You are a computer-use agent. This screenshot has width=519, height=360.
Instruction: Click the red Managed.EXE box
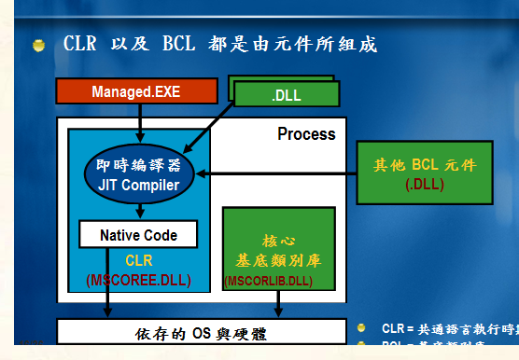[136, 91]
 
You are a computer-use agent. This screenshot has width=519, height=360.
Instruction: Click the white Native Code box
[138, 235]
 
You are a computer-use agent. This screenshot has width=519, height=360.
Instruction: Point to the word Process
[306, 134]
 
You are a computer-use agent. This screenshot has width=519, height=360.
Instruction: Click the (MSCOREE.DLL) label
[138, 280]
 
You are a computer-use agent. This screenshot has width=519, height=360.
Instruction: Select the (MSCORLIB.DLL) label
[269, 280]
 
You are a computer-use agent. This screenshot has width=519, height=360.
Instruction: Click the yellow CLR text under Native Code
[138, 261]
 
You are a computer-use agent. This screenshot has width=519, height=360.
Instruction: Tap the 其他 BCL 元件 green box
[412, 174]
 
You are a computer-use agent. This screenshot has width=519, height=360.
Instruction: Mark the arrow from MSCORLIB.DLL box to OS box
[278, 304]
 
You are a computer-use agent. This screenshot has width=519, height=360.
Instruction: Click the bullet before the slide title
[38, 46]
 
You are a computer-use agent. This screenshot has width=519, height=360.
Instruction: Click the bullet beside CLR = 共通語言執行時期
[362, 328]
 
